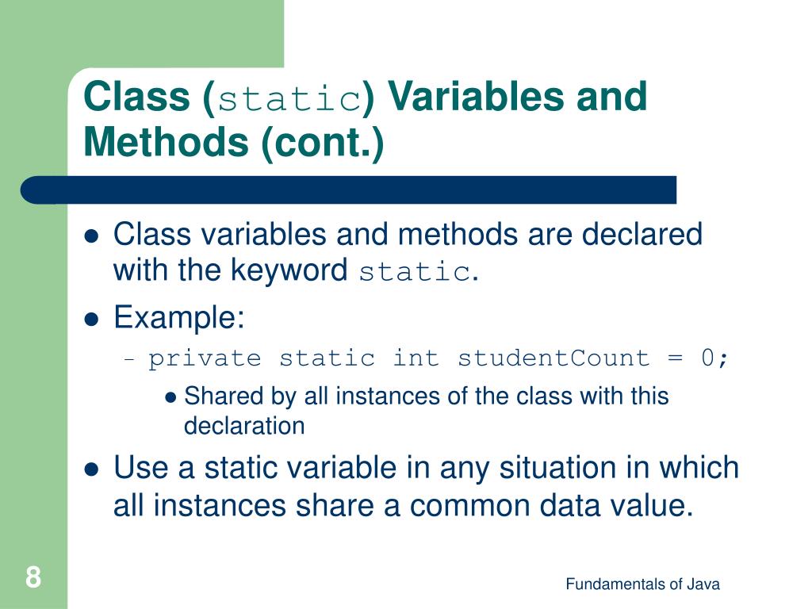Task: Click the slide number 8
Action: click(x=33, y=576)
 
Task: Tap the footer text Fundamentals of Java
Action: click(x=642, y=584)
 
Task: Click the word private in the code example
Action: click(x=205, y=358)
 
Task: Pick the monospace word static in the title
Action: click(x=289, y=99)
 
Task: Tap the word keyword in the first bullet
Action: click(x=289, y=271)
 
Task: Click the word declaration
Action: click(x=244, y=426)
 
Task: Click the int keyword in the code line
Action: click(x=416, y=358)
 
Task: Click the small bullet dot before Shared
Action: click(x=170, y=397)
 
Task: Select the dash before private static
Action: click(x=131, y=359)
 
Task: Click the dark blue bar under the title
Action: click(x=349, y=190)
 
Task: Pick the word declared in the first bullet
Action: click(x=643, y=235)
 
